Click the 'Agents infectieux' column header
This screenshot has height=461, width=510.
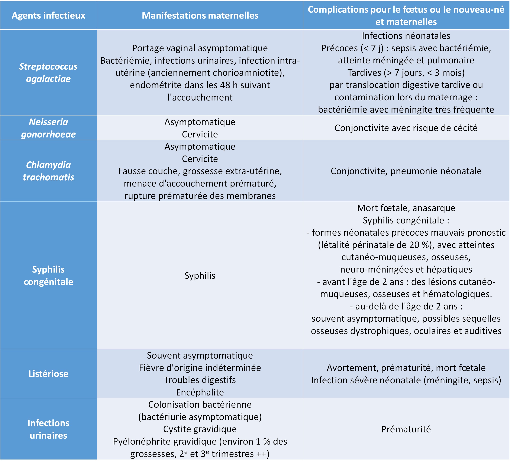pyautogui.click(x=48, y=15)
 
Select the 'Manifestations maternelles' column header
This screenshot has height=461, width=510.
pyautogui.click(x=200, y=15)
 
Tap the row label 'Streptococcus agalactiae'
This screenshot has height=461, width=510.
pyautogui.click(x=48, y=73)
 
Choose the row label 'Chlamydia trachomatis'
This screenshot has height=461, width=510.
pyautogui.click(x=48, y=171)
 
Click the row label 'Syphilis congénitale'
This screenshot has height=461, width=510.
pyautogui.click(x=48, y=276)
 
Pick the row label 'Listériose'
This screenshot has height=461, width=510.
pyautogui.click(x=48, y=374)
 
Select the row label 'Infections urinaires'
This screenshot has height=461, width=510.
pyautogui.click(x=48, y=429)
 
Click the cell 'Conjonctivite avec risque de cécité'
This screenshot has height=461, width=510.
pyautogui.click(x=406, y=128)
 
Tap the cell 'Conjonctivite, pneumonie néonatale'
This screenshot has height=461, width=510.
pyautogui.click(x=406, y=171)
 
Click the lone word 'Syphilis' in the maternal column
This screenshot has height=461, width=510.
pyautogui.click(x=200, y=276)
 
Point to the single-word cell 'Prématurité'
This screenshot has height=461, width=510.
pyautogui.click(x=406, y=429)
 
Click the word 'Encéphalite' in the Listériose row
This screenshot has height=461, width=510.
pyautogui.click(x=200, y=392)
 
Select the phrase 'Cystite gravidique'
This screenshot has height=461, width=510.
pyautogui.click(x=200, y=429)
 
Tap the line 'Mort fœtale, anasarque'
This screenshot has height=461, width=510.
pyautogui.click(x=406, y=208)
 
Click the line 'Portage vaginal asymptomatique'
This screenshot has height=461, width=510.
pyautogui.click(x=200, y=48)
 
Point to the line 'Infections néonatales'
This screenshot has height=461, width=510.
pyautogui.click(x=406, y=36)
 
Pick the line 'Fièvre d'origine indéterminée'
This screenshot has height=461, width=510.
pyautogui.click(x=200, y=368)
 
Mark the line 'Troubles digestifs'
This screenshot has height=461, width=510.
pyautogui.click(x=200, y=380)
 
